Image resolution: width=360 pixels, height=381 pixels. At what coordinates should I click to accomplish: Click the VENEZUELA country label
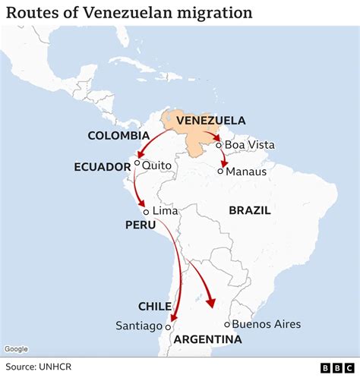coord(210,121)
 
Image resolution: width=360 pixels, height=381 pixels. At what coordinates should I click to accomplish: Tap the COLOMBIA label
coord(118,136)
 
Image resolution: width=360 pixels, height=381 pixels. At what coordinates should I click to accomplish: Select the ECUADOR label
coord(103,166)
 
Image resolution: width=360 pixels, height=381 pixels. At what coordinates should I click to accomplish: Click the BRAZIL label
coord(250,210)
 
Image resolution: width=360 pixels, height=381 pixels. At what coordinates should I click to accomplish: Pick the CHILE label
coord(154,307)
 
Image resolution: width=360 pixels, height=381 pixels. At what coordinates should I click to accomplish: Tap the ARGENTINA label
coord(207,339)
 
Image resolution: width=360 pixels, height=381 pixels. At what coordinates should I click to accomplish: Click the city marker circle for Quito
coord(137,162)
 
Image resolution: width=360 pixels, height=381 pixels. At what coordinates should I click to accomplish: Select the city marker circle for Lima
coord(147,212)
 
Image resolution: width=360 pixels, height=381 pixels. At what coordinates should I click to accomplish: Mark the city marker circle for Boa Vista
coord(218,145)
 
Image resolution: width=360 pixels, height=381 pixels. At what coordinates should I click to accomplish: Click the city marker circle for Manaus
coord(220,172)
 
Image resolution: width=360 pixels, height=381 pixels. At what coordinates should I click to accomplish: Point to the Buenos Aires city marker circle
coord(227,324)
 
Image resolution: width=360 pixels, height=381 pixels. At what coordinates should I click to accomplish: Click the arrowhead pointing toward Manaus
coord(223,163)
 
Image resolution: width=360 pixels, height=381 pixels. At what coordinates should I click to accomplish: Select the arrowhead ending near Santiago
coord(173,318)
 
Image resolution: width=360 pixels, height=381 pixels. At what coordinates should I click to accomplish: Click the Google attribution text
coord(16,349)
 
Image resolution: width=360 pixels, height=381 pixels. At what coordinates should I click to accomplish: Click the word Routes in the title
coord(33,13)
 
